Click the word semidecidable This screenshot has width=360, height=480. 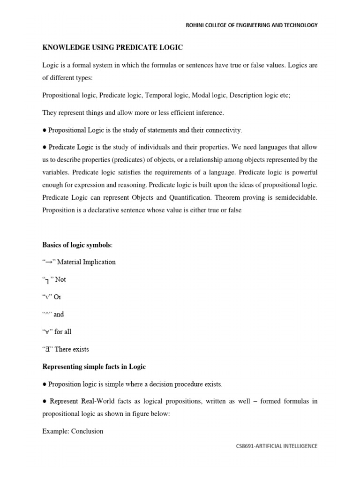[x=290, y=198]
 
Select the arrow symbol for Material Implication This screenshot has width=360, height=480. [x=49, y=262]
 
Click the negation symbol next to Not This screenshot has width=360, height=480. [x=47, y=280]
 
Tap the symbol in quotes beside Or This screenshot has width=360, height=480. [x=47, y=297]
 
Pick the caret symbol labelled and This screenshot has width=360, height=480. [x=47, y=315]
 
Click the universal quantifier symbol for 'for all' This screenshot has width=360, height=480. [x=47, y=332]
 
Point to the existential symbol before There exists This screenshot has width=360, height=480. [x=47, y=349]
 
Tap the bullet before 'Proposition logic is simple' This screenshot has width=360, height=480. [x=45, y=384]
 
